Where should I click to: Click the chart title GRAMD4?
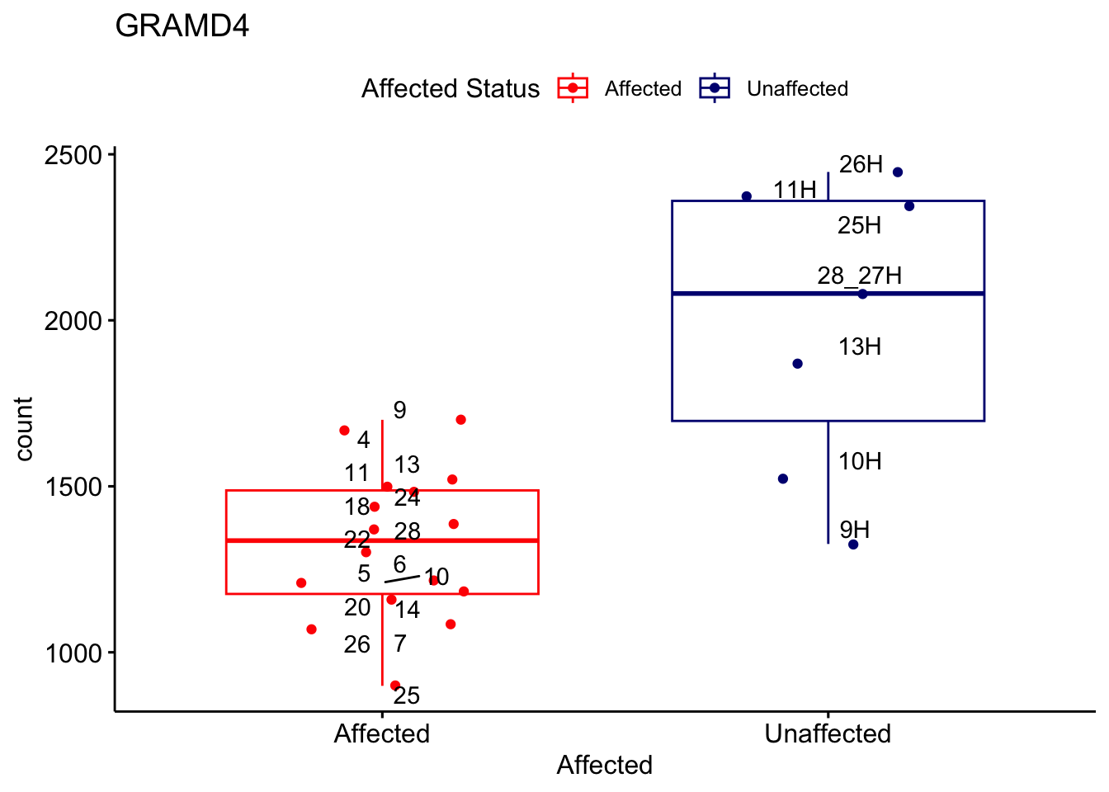(182, 26)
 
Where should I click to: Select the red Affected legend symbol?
(573, 88)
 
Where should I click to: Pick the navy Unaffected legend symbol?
(715, 88)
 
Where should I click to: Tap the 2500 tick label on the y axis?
(73, 155)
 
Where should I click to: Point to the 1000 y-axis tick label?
(73, 653)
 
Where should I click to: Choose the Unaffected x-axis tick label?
(828, 733)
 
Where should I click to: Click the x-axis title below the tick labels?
(605, 765)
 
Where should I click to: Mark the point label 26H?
(861, 165)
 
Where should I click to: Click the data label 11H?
(795, 190)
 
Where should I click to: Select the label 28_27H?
(859, 276)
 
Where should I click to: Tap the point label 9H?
(855, 530)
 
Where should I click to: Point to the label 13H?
(860, 346)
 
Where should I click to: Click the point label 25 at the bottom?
(407, 695)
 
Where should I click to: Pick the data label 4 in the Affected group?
(363, 440)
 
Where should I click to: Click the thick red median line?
(462, 540)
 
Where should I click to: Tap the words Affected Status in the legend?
(451, 88)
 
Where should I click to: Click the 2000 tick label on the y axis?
(73, 321)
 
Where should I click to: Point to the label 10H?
(860, 461)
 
